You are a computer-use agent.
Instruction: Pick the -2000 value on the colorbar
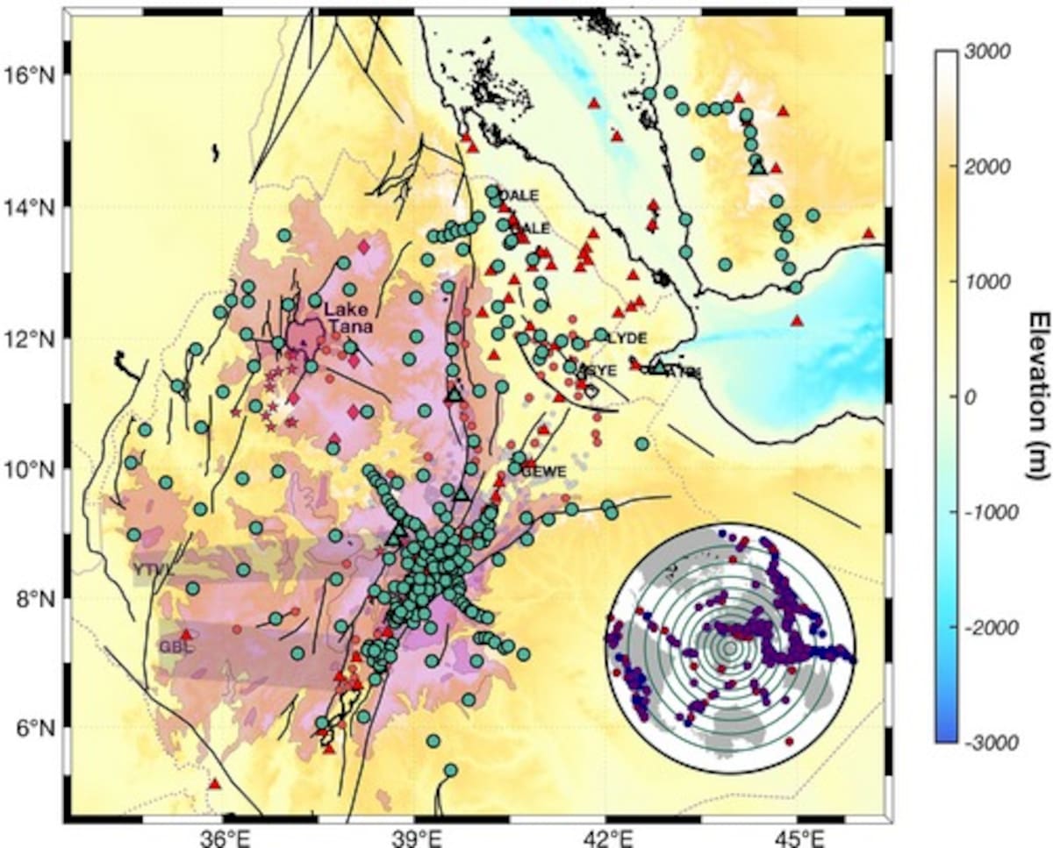[990, 628]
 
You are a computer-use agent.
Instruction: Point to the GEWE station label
[540, 471]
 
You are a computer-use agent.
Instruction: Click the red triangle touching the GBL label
[185, 635]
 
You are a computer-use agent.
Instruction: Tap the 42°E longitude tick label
[607, 836]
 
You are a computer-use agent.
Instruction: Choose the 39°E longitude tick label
[415, 836]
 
